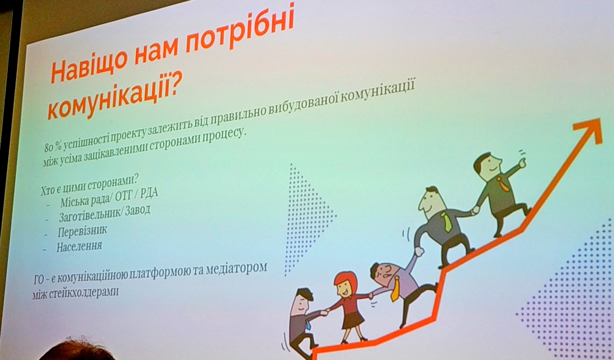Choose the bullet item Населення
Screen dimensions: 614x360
(79, 246)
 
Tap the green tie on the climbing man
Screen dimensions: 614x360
(446, 221)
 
